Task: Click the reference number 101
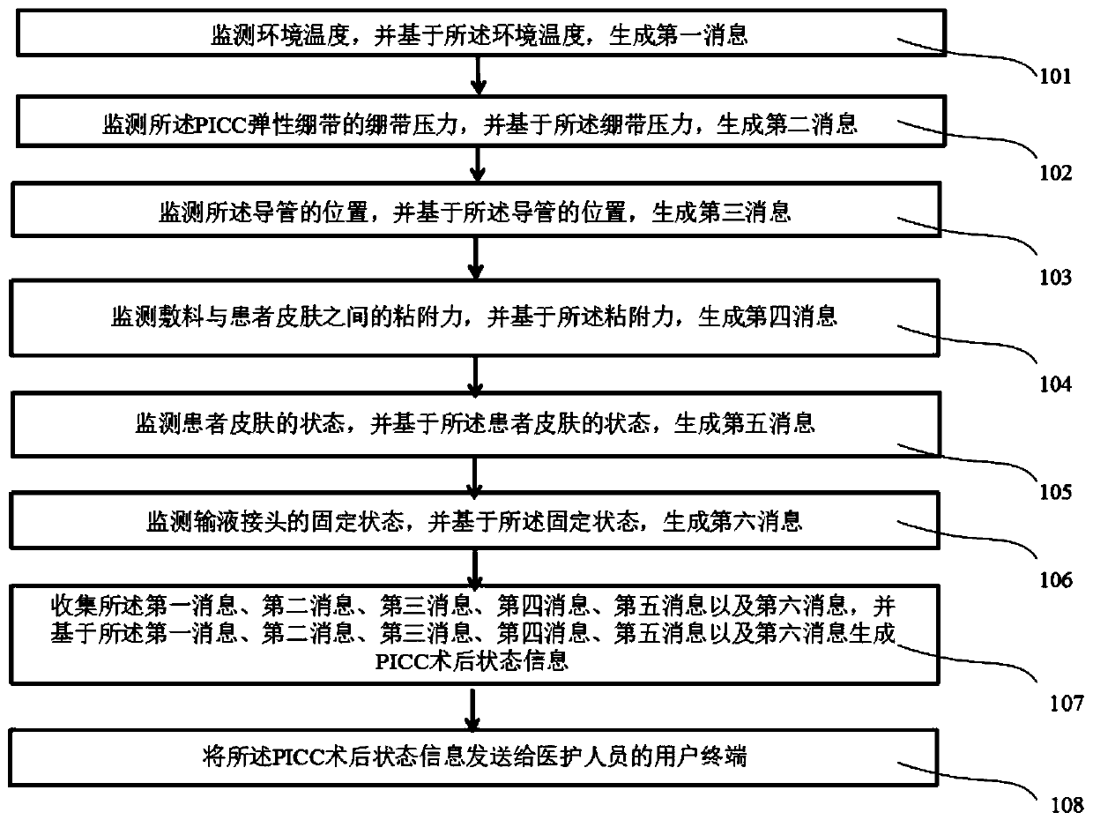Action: point(1053,76)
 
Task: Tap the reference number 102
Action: point(1053,173)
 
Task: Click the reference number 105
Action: point(1053,491)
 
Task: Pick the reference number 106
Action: point(1053,579)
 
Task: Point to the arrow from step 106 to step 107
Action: point(477,567)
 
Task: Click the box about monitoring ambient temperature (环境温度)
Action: point(476,34)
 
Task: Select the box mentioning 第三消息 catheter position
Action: point(476,212)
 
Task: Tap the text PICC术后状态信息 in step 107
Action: point(476,662)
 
